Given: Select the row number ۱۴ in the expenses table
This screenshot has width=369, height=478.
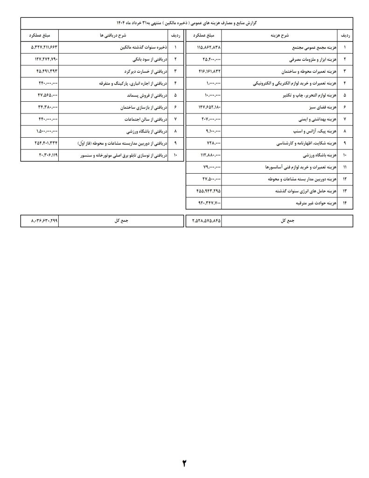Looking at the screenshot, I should coord(345,204).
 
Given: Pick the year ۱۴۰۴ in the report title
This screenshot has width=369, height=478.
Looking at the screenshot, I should coord(122,23).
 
